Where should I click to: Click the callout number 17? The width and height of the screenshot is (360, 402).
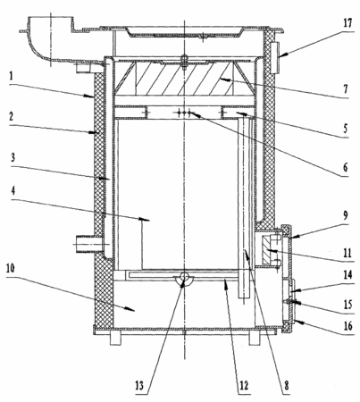click(x=347, y=23)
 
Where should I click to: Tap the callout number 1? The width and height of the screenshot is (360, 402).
click(x=11, y=77)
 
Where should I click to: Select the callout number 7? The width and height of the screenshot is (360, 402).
click(x=346, y=88)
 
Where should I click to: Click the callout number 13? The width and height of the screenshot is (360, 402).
click(x=139, y=386)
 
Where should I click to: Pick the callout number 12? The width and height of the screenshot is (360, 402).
click(x=243, y=386)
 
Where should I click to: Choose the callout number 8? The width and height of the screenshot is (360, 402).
click(x=287, y=386)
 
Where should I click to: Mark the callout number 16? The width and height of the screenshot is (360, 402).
click(x=347, y=326)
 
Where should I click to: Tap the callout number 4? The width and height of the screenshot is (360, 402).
click(x=13, y=191)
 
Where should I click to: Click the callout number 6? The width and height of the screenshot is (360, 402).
click(x=346, y=168)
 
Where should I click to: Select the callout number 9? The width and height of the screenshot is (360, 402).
click(x=346, y=215)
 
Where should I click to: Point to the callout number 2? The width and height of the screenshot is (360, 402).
click(x=11, y=116)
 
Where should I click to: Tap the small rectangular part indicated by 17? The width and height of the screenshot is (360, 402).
click(x=275, y=57)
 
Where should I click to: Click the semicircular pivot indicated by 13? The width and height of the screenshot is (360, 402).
click(x=184, y=281)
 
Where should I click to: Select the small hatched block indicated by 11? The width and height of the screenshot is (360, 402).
click(x=267, y=249)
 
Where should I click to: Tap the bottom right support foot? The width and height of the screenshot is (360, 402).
click(x=255, y=339)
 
